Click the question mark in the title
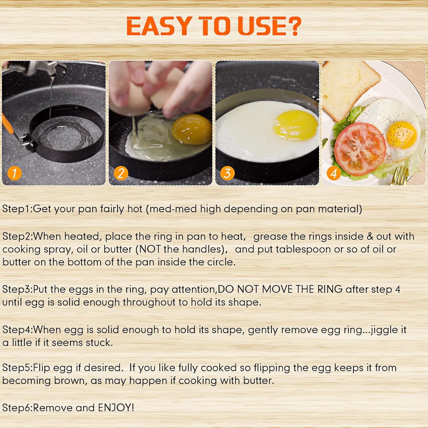pyautogui.click(x=294, y=26)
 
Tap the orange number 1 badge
pyautogui.click(x=15, y=173)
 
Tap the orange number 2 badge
pyautogui.click(x=121, y=173)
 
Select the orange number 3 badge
pyautogui.click(x=227, y=173)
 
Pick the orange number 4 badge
pyautogui.click(x=334, y=173)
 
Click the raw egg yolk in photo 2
pyautogui.click(x=192, y=129)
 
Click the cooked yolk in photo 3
pyautogui.click(x=296, y=125)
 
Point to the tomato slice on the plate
pyautogui.click(x=360, y=148)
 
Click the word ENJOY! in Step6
pyautogui.click(x=116, y=408)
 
